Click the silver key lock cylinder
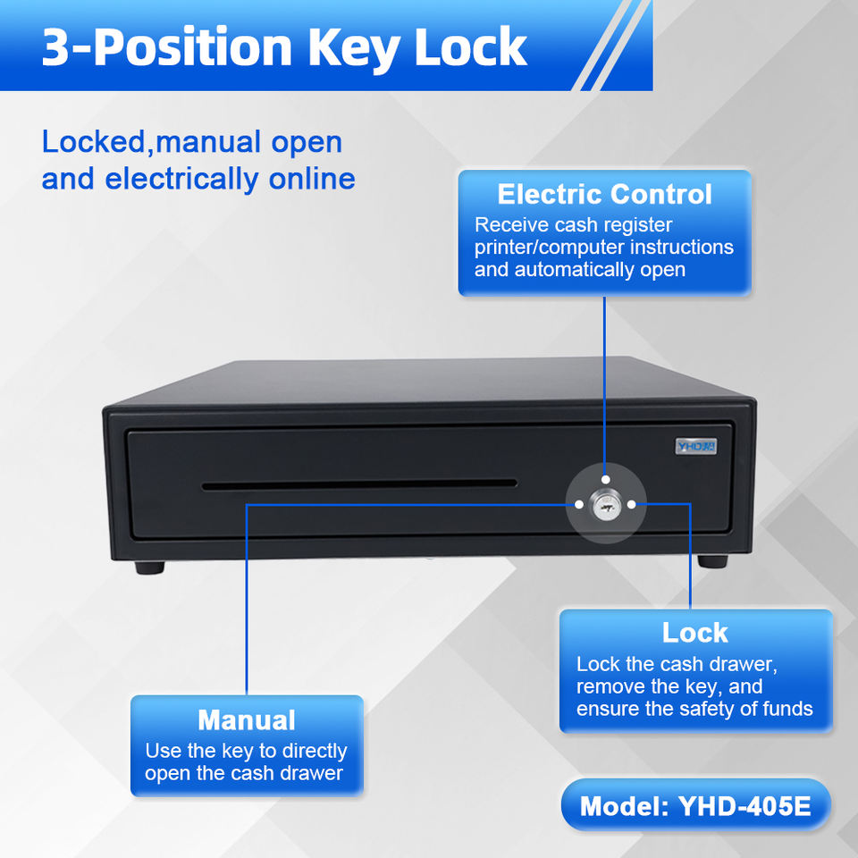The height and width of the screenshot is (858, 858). click(x=605, y=505)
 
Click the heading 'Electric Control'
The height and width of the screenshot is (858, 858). click(x=604, y=194)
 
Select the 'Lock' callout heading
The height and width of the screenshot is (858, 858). click(x=694, y=633)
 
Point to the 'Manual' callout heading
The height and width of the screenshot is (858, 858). click(x=246, y=719)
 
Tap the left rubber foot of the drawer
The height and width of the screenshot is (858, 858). click(x=150, y=567)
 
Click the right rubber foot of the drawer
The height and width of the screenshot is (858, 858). click(x=712, y=561)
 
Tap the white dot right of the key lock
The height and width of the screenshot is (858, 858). click(x=632, y=505)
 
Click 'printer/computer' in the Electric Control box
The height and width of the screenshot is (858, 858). click(x=549, y=248)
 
